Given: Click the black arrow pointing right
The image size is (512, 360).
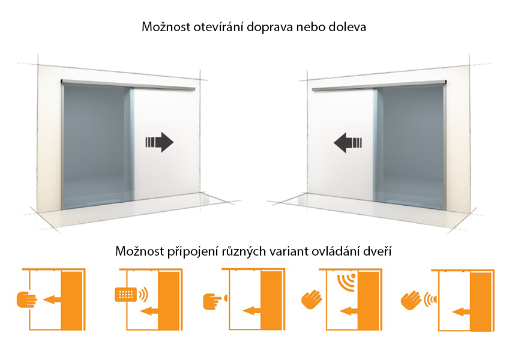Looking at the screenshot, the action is coord(159,142).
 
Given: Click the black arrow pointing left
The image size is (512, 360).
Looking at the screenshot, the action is coord(348,143).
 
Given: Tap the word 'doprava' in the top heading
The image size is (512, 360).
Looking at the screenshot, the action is coord(270,27).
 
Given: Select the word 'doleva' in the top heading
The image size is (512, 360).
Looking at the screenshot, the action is coord(347,26).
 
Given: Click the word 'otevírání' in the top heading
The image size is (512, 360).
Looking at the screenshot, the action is coord(218,26).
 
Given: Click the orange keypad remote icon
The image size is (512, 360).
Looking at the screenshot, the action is coord(125,295).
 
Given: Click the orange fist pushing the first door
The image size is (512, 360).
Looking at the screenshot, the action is coord(26,299).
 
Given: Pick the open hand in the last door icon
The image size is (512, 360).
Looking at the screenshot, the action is coord(411,300).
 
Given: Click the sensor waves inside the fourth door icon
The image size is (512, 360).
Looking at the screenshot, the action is coord(346,282).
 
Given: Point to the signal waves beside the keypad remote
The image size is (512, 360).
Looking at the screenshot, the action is coord(143,295).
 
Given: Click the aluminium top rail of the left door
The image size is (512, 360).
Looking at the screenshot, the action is coord(128,85).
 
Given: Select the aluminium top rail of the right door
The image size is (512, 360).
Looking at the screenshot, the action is coord(379,85).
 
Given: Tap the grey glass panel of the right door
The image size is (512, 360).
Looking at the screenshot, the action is coord(410,145).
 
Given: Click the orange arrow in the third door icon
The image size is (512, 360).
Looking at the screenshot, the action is coord(252,310).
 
